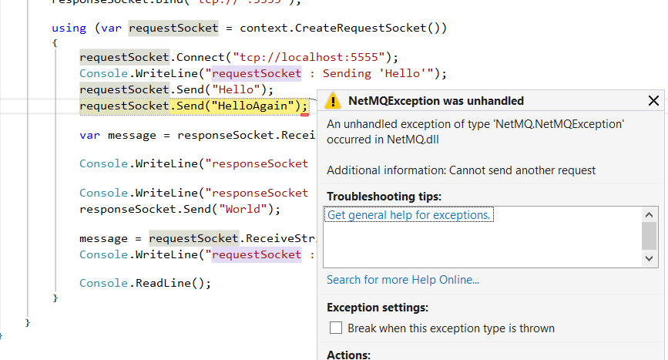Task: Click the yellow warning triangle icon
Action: [333, 101]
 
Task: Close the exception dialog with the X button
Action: [653, 101]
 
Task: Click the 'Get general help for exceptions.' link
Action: [409, 215]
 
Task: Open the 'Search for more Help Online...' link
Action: [403, 280]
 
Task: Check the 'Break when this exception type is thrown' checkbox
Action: [336, 328]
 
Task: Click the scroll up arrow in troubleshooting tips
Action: [650, 216]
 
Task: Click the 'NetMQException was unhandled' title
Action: [436, 101]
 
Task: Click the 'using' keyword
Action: [69, 28]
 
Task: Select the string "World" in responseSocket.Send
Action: [244, 209]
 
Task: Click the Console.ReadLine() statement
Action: [145, 283]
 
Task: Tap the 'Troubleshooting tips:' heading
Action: [384, 197]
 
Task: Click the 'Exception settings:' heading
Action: [378, 308]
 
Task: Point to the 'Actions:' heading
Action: [348, 355]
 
